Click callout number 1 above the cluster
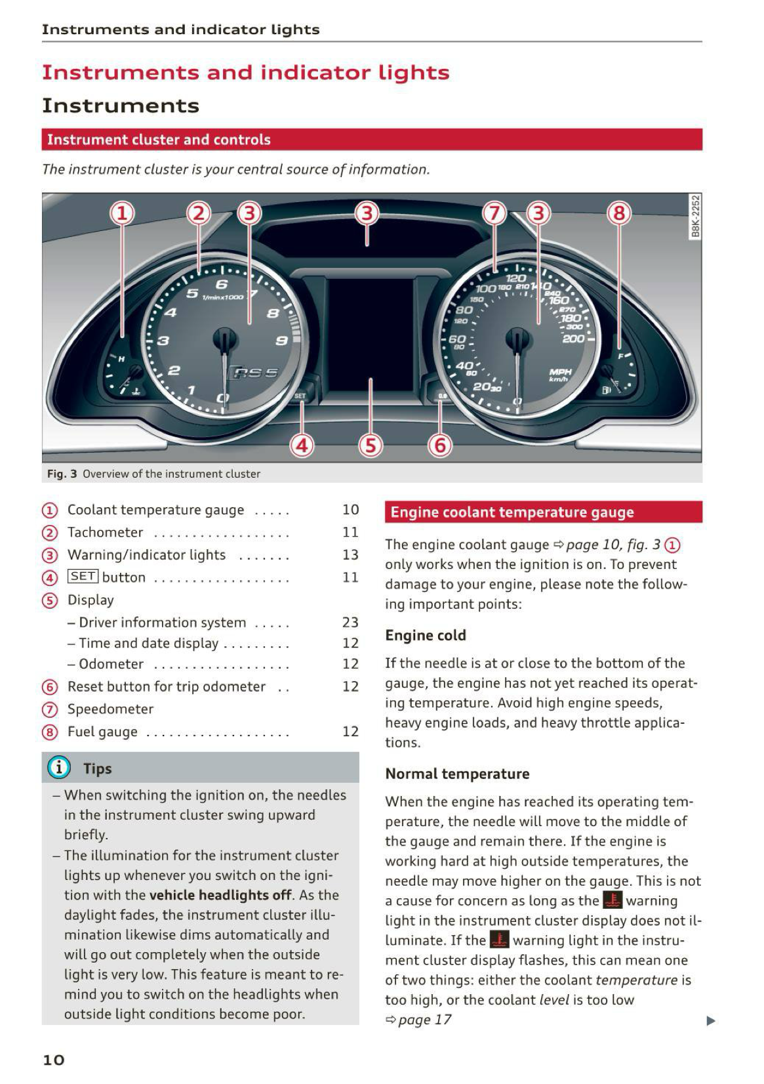[122, 213]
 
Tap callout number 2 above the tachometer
[199, 213]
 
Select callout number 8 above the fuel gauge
[619, 213]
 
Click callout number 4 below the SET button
[302, 446]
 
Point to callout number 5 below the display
[371, 446]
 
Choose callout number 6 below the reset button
[440, 446]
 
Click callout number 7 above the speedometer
[495, 213]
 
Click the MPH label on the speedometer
[560, 371]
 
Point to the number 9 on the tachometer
[281, 340]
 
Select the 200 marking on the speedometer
[573, 339]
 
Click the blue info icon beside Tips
[58, 767]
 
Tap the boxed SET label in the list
[83, 577]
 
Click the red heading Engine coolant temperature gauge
[512, 512]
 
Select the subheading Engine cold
[426, 635]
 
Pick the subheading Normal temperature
[457, 774]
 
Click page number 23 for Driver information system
[350, 622]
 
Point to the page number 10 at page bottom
[54, 1060]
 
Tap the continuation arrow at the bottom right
[711, 1021]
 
